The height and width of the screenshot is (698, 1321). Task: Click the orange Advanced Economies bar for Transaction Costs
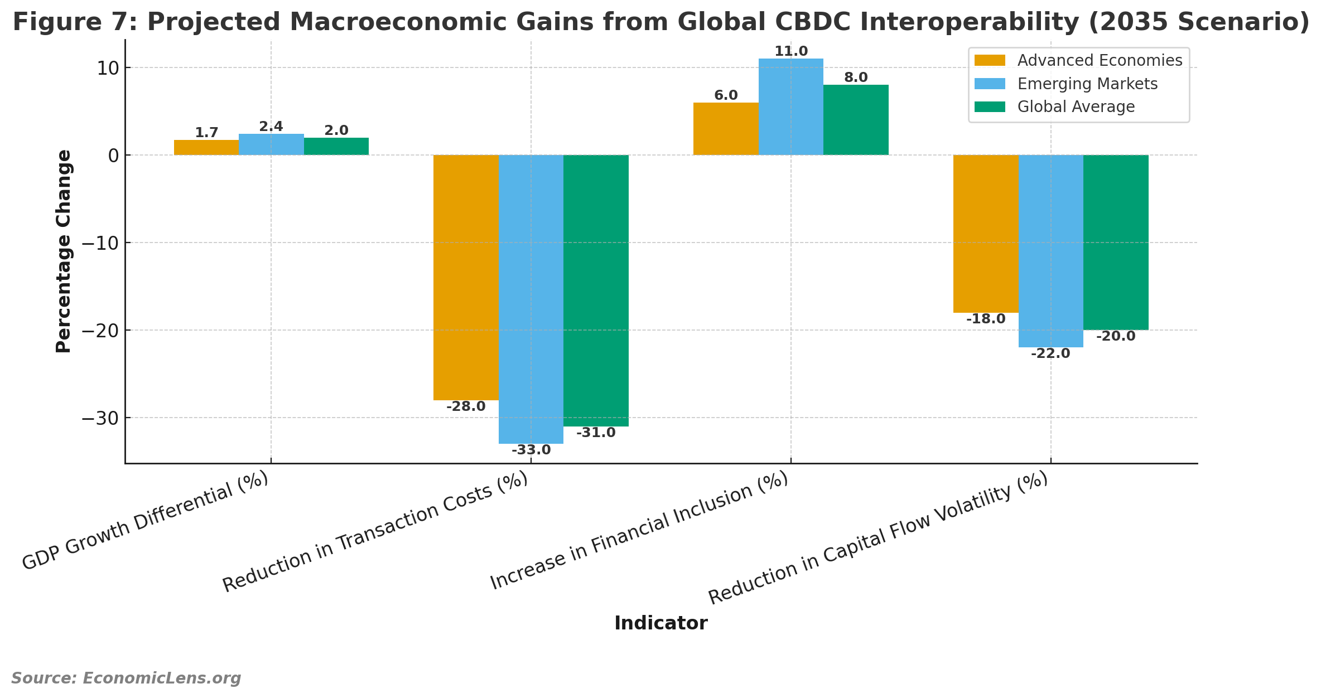466,277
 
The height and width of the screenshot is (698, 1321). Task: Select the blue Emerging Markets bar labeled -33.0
531,299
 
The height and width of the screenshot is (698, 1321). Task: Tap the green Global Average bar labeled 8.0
856,120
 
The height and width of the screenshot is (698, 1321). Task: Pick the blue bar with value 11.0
790,106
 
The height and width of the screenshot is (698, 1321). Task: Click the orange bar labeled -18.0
986,234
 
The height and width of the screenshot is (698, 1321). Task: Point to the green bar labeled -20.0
1116,243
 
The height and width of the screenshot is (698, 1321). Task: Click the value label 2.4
271,127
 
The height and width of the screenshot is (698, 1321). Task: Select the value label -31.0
596,433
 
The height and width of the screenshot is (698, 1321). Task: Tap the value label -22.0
1050,353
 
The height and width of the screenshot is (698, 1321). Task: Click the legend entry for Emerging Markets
1087,84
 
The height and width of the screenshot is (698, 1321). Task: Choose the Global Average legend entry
1076,106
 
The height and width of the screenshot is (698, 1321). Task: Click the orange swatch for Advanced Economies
990,60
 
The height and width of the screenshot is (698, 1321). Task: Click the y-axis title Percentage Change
64,251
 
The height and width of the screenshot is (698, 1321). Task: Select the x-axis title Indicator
660,623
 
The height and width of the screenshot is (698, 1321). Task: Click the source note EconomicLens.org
126,678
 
